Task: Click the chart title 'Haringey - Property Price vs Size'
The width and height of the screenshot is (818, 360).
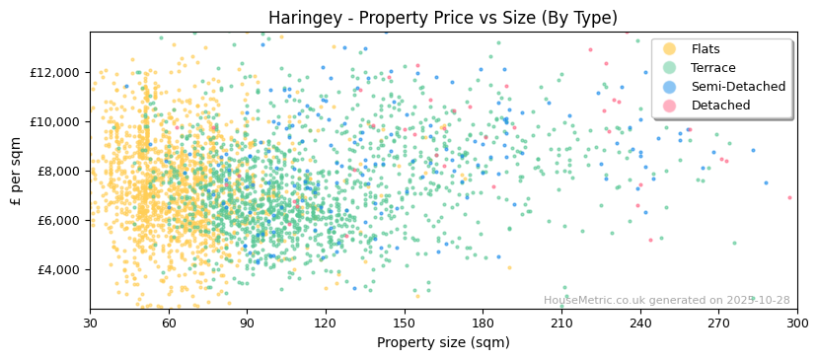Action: pyautogui.click(x=443, y=18)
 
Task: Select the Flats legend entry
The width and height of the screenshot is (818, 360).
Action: pyautogui.click(x=706, y=49)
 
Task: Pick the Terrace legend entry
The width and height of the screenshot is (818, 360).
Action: pyautogui.click(x=713, y=68)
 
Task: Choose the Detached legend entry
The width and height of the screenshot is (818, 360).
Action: pyautogui.click(x=720, y=106)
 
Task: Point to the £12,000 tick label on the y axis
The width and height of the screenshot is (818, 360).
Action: pyautogui.click(x=56, y=72)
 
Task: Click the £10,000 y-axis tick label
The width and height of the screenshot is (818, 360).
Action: pyautogui.click(x=56, y=121)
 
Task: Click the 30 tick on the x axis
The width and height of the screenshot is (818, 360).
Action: pyautogui.click(x=90, y=323)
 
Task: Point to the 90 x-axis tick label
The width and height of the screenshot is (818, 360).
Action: pyautogui.click(x=248, y=323)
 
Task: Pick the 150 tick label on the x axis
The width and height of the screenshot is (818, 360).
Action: pyautogui.click(x=405, y=323)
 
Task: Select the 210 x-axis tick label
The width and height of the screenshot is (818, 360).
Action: pyautogui.click(x=561, y=323)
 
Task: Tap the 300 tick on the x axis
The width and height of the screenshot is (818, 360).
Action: pyautogui.click(x=797, y=323)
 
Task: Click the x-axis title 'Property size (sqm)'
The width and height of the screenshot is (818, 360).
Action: pyautogui.click(x=443, y=342)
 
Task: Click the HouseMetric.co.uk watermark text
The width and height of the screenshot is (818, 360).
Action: pyautogui.click(x=667, y=300)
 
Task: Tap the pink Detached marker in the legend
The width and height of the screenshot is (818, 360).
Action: pyautogui.click(x=670, y=106)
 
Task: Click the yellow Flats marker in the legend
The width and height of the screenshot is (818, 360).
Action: pyautogui.click(x=670, y=49)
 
